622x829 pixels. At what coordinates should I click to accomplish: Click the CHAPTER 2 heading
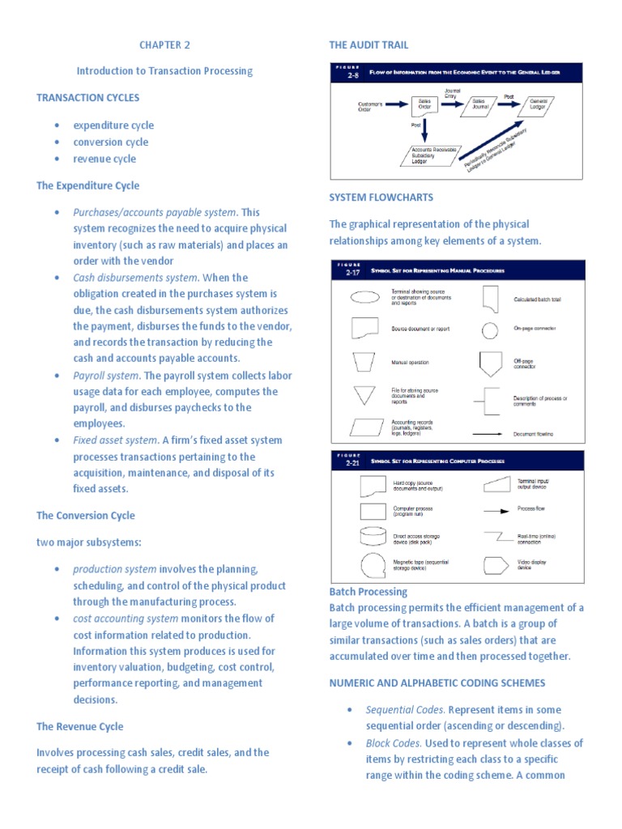164,45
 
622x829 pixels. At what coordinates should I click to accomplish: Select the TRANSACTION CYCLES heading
87,98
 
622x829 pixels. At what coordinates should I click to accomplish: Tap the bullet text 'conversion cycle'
111,142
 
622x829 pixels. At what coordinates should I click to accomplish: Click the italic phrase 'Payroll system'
106,376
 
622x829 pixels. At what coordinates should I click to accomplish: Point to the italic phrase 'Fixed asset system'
115,440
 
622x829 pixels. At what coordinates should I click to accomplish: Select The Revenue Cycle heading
79,726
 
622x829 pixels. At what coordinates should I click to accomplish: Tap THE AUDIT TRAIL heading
369,45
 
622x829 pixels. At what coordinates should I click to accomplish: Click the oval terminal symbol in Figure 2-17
364,296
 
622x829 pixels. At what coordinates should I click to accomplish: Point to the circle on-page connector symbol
489,330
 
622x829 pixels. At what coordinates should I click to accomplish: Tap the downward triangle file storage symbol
364,396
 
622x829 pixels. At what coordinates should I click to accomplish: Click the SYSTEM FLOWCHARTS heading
381,198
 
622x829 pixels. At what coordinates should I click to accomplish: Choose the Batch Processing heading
369,592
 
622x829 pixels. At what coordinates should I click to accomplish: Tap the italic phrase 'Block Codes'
393,743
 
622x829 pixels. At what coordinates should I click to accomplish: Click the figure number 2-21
352,463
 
